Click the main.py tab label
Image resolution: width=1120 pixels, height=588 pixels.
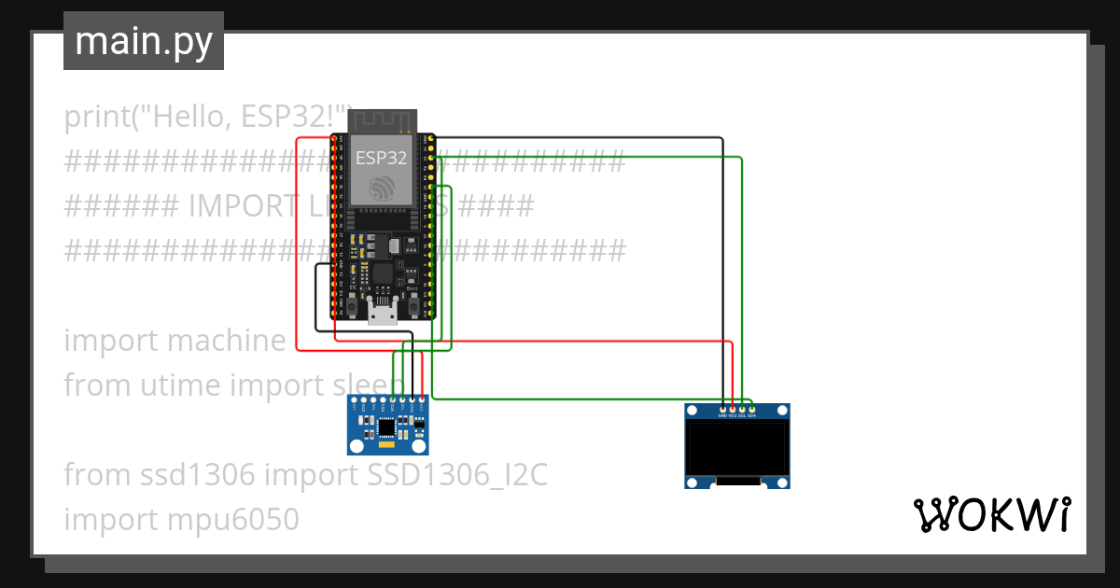[143, 41]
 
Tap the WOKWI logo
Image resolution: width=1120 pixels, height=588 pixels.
[990, 514]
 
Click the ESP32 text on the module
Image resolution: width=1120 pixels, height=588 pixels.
[381, 158]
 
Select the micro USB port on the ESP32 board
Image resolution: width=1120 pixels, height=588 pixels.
[382, 312]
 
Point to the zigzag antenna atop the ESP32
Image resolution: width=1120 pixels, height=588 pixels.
[382, 119]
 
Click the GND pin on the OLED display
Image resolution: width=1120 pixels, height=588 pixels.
[723, 409]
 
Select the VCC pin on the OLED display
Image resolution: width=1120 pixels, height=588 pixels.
[733, 409]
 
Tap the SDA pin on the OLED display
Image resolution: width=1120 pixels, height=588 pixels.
[751, 409]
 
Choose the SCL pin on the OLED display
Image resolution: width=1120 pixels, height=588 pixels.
[742, 409]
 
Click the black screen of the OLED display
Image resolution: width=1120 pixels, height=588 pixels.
[737, 448]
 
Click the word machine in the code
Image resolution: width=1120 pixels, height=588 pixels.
[226, 341]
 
